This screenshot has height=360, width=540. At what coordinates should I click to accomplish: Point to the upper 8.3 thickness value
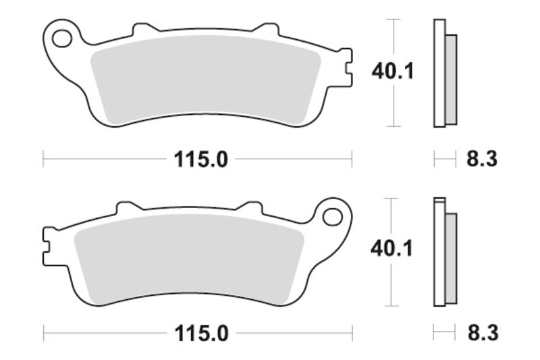coord(481,160)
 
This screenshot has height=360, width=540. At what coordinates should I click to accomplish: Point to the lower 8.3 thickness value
coord(481,333)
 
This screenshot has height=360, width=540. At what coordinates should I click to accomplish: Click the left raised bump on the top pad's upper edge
coord(142,30)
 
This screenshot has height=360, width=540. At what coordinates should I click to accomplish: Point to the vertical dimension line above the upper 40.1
coord(391,37)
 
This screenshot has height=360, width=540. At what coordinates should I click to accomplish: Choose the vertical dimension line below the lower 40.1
coord(391,284)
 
